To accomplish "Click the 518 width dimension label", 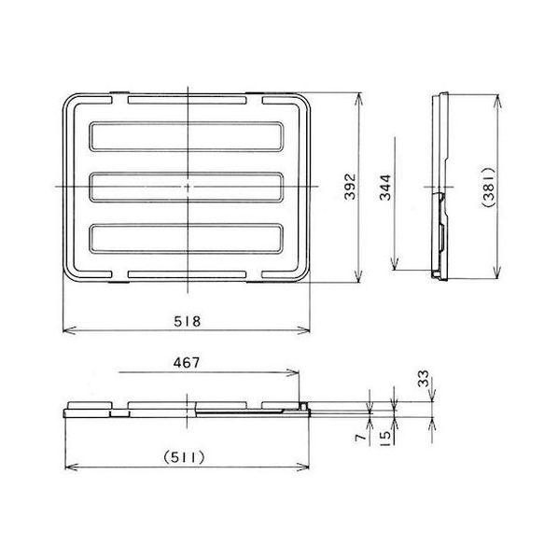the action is coord(188,321).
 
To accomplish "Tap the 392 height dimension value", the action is coord(350,186).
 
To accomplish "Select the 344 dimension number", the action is coord(385,188).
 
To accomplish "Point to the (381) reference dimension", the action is coord(488,187).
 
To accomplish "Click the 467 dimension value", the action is coord(187,363).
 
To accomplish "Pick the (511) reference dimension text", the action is coord(184,457).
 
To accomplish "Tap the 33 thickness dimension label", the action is coord(424,379).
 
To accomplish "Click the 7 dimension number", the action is coord(361,437).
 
